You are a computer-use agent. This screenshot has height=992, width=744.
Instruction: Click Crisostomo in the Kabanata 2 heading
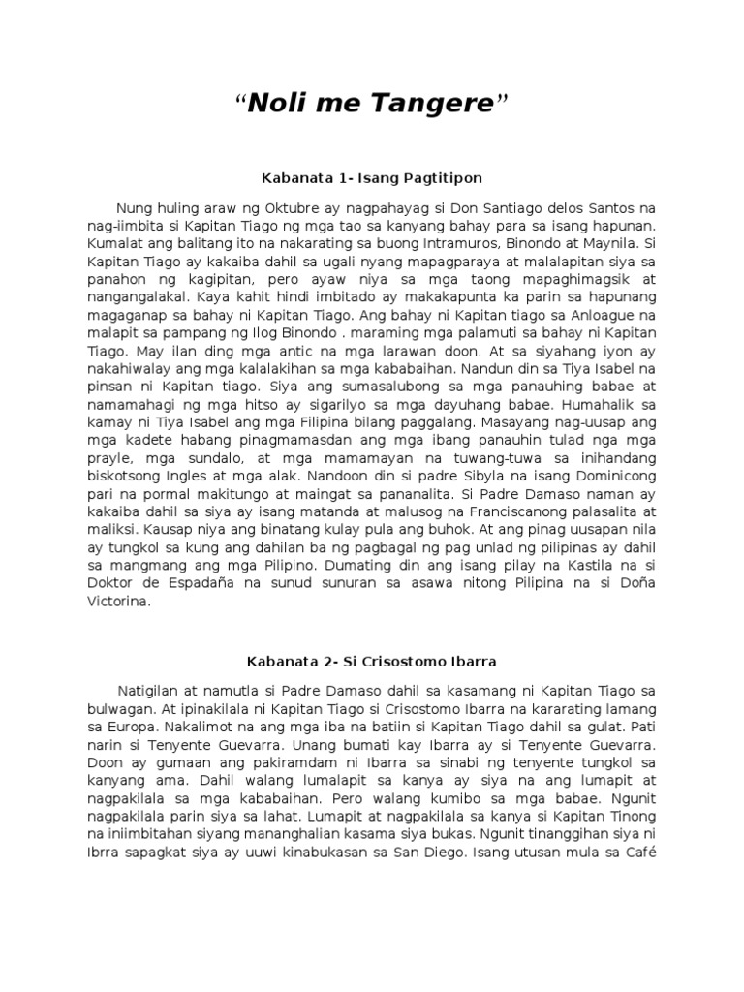387,662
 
